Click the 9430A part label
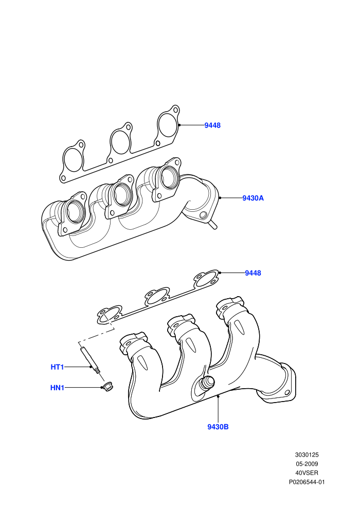[x=253, y=198]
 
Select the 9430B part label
[x=218, y=427]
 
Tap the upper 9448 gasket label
[x=212, y=125]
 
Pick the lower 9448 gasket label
[x=253, y=273]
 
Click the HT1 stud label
[x=57, y=367]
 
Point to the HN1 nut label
[x=57, y=388]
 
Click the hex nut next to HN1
[x=107, y=387]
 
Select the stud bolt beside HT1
[x=91, y=360]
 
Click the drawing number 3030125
[x=307, y=455]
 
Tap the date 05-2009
[x=307, y=464]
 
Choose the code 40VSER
[x=307, y=473]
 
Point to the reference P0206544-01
[x=307, y=482]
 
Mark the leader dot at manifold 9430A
[x=220, y=197]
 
